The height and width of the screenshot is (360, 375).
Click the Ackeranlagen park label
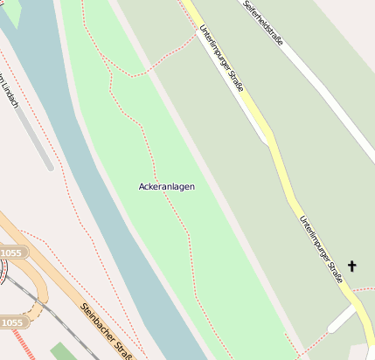[166, 187]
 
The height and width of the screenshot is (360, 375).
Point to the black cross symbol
[353, 266]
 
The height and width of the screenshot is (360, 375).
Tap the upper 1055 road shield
[12, 253]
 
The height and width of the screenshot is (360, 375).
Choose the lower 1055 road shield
[12, 322]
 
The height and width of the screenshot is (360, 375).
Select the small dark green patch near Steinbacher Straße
[63, 351]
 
